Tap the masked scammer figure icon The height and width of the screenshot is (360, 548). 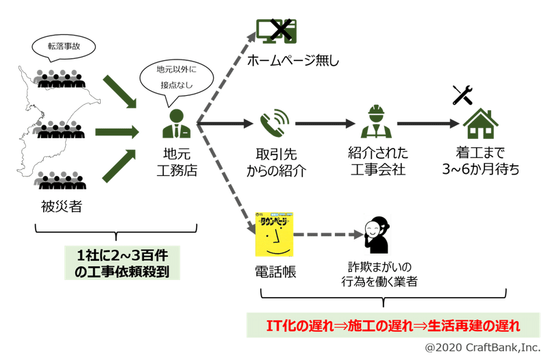376,234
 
